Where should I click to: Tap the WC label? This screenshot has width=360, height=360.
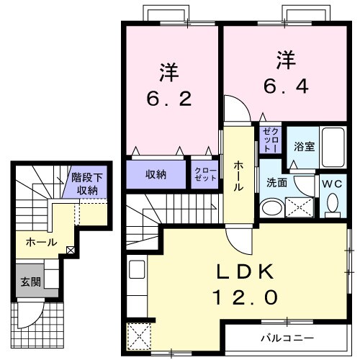(333, 183)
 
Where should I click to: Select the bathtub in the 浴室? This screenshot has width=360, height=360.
(332, 148)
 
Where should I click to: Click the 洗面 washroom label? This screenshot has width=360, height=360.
(277, 183)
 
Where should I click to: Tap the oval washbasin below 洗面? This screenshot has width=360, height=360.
(271, 208)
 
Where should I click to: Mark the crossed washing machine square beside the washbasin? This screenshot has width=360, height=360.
(299, 207)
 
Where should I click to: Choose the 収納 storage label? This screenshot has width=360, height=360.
(157, 174)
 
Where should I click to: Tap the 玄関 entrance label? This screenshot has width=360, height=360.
(25, 280)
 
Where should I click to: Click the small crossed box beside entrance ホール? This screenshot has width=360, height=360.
(70, 251)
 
